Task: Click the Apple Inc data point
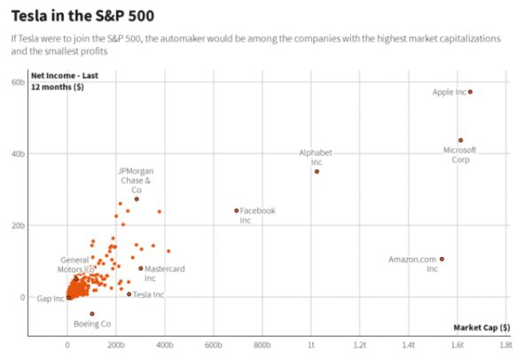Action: pos(471,91)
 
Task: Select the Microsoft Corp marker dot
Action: pos(460,140)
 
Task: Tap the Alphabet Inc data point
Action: pos(317,171)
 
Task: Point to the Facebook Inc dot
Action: pos(236,210)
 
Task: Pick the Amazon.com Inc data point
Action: pos(442,259)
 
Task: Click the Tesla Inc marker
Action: pos(129,293)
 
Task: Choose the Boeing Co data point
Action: pos(91,314)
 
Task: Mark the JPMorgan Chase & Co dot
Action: pos(137,199)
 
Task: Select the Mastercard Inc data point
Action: pos(141,268)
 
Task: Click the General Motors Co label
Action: pos(74,264)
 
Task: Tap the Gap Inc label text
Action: pos(51,299)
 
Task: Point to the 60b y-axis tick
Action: pos(17,82)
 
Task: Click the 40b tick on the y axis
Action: pos(17,154)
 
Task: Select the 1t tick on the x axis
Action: pos(311,344)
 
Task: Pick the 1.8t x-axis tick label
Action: pos(505,344)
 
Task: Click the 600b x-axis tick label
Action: pos(214,344)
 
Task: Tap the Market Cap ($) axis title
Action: pos(481,327)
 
